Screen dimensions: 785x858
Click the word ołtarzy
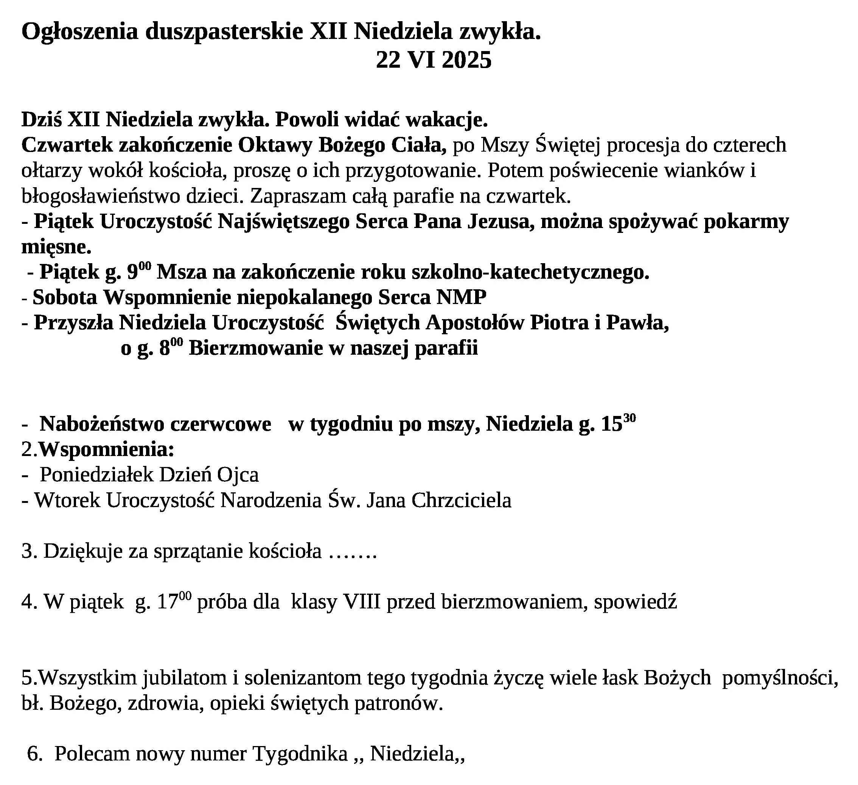click(x=51, y=171)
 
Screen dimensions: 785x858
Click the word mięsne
click(x=56, y=247)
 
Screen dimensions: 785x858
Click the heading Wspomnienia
click(x=106, y=450)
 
